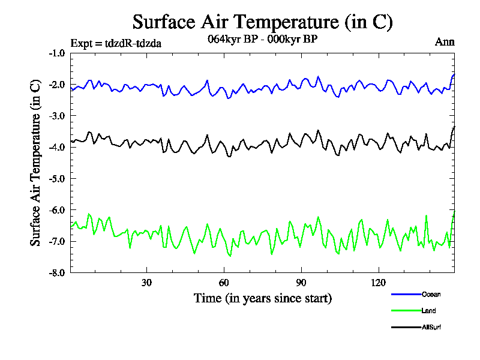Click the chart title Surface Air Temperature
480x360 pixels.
tap(262, 22)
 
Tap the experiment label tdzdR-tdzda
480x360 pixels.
tap(116, 43)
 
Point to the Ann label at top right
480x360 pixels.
tap(445, 42)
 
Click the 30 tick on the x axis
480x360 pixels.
tap(146, 283)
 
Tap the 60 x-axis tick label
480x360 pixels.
tap(224, 283)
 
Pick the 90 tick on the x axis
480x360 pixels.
tap(301, 283)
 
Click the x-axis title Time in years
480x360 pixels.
tap(263, 298)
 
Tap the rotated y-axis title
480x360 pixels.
tap(36, 163)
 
